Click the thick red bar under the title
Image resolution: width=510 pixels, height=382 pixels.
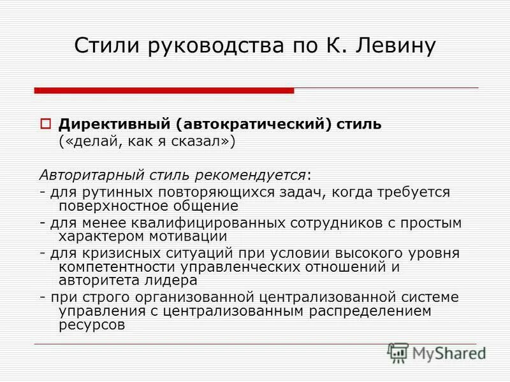pyautogui.click(x=164, y=90)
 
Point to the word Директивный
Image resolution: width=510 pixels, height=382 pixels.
pyautogui.click(x=109, y=124)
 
